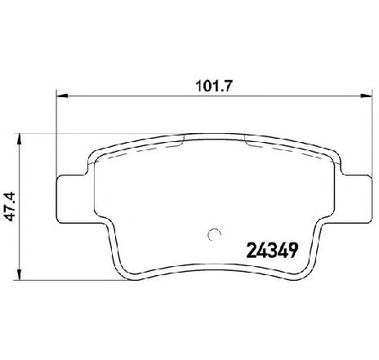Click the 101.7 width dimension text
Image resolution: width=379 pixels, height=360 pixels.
click(213, 87)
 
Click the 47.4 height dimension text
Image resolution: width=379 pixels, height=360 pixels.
click(11, 207)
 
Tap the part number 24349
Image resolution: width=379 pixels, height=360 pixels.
click(272, 251)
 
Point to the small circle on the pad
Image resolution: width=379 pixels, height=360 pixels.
click(214, 234)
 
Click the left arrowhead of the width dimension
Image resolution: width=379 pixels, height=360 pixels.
click(61, 96)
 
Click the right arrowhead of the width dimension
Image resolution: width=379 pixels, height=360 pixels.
click(366, 96)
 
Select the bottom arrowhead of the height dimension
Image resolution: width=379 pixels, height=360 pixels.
click(19, 274)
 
